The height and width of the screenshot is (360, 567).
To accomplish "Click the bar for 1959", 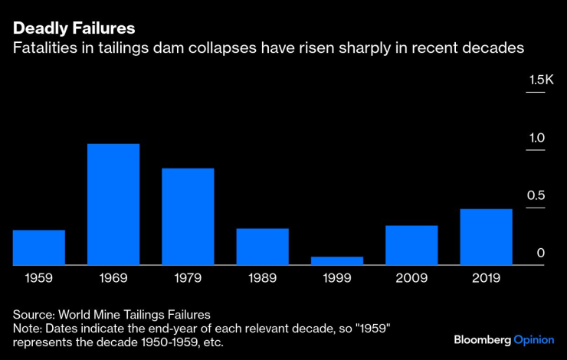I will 39,247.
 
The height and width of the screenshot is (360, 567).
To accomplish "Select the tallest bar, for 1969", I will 113,205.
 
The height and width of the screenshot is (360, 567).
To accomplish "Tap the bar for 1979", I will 188,217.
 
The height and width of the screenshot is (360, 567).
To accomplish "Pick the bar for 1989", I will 262,247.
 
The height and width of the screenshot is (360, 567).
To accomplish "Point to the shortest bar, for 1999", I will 337,260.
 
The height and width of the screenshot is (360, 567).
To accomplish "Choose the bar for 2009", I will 411,245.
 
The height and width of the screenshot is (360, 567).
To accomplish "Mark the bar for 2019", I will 486,237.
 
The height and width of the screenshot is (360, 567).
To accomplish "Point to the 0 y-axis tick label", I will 540,253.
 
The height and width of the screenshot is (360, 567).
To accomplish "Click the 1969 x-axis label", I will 113,278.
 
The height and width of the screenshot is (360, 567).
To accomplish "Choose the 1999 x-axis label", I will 337,278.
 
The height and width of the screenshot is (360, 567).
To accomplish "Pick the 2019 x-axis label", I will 486,278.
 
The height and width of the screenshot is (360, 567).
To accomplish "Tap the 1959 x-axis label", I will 39,278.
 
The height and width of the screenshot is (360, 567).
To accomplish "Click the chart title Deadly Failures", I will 74,28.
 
